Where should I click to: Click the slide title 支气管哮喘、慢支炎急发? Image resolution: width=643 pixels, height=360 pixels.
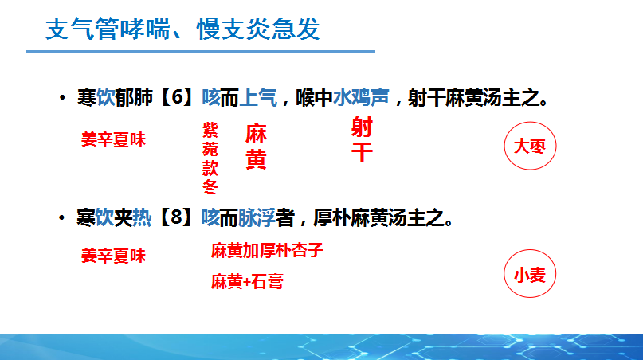[182, 29]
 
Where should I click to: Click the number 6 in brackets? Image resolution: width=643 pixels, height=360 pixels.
[178, 97]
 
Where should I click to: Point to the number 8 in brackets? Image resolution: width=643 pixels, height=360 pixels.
[176, 217]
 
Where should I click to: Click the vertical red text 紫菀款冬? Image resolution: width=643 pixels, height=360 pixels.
[210, 158]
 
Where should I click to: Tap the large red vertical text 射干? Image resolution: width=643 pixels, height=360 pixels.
[362, 139]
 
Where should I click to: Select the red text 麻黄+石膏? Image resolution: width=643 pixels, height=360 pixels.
[247, 282]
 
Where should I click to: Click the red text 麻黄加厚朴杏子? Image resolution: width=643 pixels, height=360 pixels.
[267, 250]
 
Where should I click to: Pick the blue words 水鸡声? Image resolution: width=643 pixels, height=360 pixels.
[361, 98]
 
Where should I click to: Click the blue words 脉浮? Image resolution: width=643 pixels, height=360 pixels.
[257, 217]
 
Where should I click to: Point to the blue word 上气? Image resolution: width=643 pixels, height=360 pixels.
[258, 98]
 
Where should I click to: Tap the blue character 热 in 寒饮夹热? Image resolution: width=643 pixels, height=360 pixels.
[142, 217]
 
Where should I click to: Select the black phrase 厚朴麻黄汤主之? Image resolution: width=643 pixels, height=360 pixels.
[379, 217]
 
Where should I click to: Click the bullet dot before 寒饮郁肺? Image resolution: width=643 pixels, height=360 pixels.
[62, 98]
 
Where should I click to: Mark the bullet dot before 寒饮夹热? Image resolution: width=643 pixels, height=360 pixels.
[62, 217]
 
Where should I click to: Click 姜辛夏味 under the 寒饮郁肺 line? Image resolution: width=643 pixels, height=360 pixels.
[114, 139]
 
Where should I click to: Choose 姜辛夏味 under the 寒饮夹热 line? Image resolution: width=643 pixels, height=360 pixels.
[114, 256]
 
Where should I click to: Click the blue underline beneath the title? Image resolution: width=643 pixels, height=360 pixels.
[201, 52]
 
